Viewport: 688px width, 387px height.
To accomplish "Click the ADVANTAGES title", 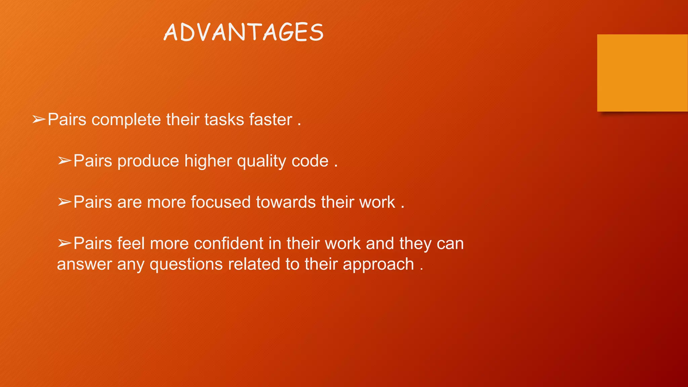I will coord(244,33).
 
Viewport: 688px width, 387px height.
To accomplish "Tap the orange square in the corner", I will coord(642,73).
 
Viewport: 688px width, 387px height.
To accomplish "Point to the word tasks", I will coord(224,120).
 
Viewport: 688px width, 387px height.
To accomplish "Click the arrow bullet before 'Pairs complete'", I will coord(39,120).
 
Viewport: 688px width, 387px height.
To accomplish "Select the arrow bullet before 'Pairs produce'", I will coord(64,161).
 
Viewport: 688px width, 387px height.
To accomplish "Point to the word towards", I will coord(286,202).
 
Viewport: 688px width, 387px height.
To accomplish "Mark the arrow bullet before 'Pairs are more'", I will coord(64,202).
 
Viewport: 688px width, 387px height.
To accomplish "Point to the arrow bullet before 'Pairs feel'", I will coord(64,244).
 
